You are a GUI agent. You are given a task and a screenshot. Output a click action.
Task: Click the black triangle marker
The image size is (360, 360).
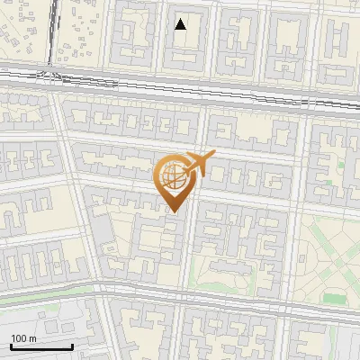[181, 24]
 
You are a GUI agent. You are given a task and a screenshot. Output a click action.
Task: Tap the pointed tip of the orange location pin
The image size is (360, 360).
[174, 211]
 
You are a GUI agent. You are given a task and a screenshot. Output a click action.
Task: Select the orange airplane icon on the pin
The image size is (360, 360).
[197, 164]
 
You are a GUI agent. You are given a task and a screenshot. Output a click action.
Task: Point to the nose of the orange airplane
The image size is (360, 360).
[213, 155]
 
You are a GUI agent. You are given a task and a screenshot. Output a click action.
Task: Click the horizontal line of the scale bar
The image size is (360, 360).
[41, 347]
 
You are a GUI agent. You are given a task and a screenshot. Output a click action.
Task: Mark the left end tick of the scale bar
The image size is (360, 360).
[11, 346]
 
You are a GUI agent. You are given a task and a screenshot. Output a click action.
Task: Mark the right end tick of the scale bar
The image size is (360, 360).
[72, 346]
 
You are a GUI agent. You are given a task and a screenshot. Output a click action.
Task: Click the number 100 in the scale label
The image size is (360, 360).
[19, 338]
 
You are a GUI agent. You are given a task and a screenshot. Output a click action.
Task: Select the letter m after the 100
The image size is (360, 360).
[31, 338]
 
